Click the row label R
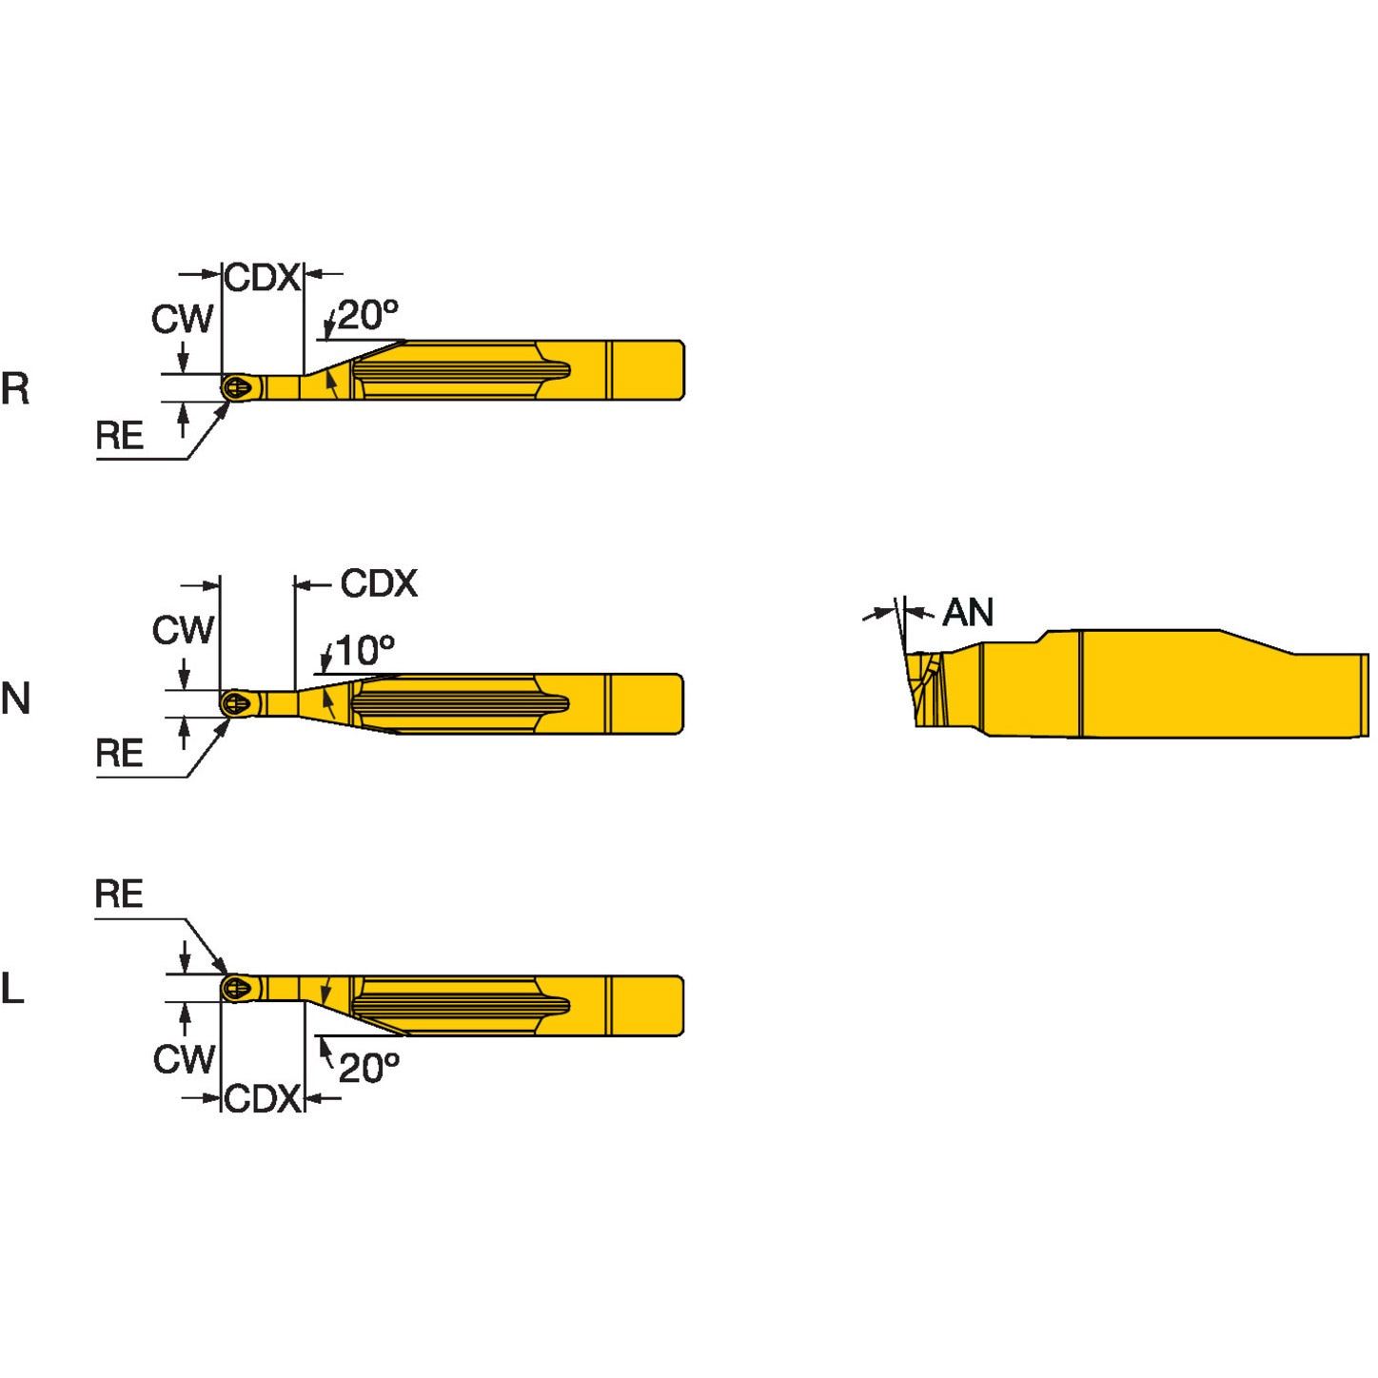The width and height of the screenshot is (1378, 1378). coord(15,388)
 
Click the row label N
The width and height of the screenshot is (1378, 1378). coord(15,699)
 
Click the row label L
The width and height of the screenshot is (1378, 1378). coord(12,989)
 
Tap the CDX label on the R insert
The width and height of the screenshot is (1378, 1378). coord(262,278)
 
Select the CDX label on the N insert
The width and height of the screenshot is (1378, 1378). coord(379,583)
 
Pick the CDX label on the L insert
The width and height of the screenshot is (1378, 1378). coord(262,1098)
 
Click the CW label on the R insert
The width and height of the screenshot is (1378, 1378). coord(183,319)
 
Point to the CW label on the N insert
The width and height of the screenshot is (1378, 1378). coord(183,630)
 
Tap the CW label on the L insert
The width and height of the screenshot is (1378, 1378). coord(184,1058)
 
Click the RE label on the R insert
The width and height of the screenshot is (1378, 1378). coord(119,436)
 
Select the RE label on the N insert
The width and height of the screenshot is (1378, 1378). coord(119,754)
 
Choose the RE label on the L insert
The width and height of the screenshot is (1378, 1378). coord(119,895)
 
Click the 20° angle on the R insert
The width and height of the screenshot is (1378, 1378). coord(367,315)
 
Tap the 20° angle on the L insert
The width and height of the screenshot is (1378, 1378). coord(368,1068)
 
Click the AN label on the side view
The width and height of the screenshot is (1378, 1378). coord(968,613)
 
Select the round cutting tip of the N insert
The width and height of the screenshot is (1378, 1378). coord(237,704)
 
